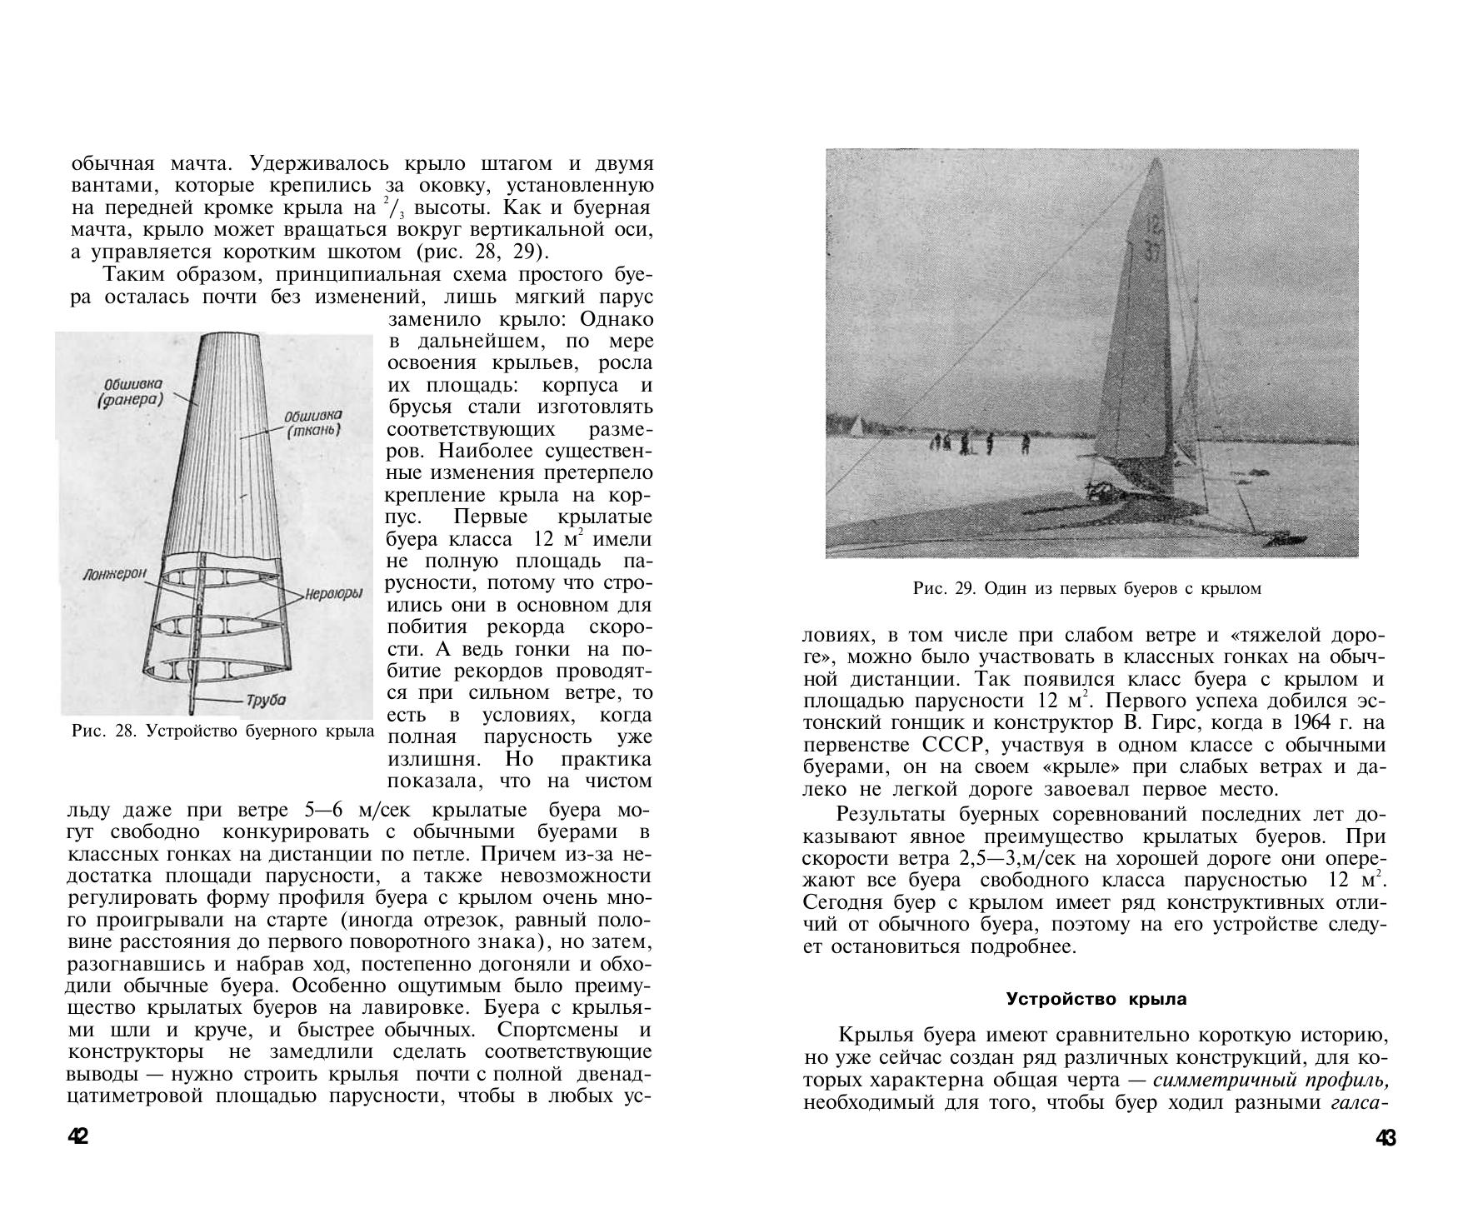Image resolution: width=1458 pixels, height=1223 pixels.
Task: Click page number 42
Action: pos(78,1136)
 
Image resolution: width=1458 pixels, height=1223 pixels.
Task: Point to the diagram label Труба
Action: pos(267,700)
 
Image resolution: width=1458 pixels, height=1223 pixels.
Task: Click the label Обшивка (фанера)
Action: pos(132,392)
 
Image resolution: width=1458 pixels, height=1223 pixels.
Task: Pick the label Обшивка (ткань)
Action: pos(312,423)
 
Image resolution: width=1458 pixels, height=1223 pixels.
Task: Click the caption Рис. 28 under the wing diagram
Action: pos(222,731)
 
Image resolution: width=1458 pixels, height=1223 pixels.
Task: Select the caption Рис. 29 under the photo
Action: pos(1086,589)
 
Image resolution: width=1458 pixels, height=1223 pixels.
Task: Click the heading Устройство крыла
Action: pos(1096,998)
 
